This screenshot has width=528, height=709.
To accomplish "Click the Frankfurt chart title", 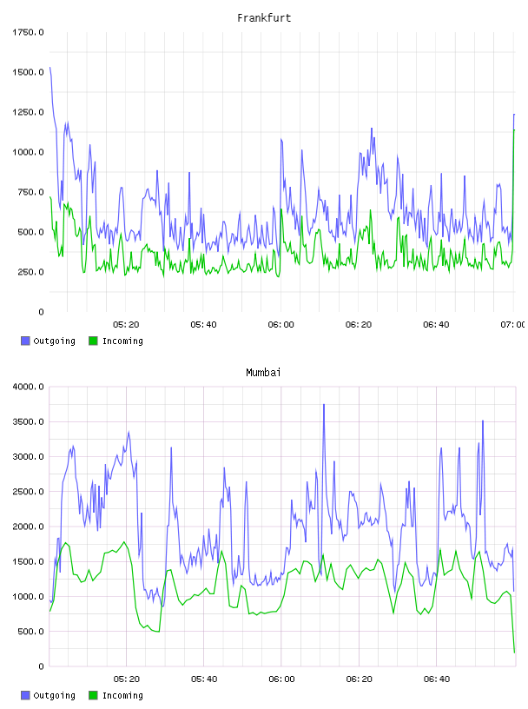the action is pyautogui.click(x=264, y=18).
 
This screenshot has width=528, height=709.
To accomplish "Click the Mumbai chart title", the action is pyautogui.click(x=263, y=373).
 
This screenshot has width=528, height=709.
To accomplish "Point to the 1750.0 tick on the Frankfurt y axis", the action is pyautogui.click(x=28, y=32).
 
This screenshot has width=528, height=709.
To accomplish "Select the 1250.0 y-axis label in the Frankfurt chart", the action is pyautogui.click(x=28, y=112).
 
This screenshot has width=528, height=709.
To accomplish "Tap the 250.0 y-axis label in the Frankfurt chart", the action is pyautogui.click(x=30, y=272).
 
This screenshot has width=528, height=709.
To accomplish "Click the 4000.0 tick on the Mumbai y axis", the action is pyautogui.click(x=28, y=387).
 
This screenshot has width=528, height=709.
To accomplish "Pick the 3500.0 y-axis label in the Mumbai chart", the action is pyautogui.click(x=28, y=422).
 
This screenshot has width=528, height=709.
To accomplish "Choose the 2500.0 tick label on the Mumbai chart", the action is pyautogui.click(x=28, y=492).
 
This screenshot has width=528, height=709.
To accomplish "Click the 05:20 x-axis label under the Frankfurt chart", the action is pyautogui.click(x=126, y=325).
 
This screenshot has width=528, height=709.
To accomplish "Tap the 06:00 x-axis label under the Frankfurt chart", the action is pyautogui.click(x=280, y=325).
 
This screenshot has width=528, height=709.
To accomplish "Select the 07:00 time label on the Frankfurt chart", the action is pyautogui.click(x=513, y=325).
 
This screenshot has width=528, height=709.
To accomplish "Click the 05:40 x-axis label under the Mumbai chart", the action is pyautogui.click(x=204, y=679).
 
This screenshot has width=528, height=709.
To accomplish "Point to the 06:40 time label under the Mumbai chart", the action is pyautogui.click(x=437, y=679).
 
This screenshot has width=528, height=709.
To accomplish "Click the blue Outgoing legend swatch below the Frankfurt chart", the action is pyautogui.click(x=25, y=341).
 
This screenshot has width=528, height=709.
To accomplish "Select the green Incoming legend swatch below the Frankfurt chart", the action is pyautogui.click(x=93, y=341).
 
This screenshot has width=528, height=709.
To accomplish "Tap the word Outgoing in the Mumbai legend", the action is pyautogui.click(x=54, y=695).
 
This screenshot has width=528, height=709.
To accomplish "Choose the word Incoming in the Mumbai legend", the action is pyautogui.click(x=122, y=695).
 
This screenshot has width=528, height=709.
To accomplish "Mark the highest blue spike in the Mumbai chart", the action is pyautogui.click(x=324, y=405).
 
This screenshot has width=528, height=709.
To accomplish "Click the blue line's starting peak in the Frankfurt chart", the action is pyautogui.click(x=50, y=68).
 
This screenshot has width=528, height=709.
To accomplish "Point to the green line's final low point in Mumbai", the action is pyautogui.click(x=514, y=652).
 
